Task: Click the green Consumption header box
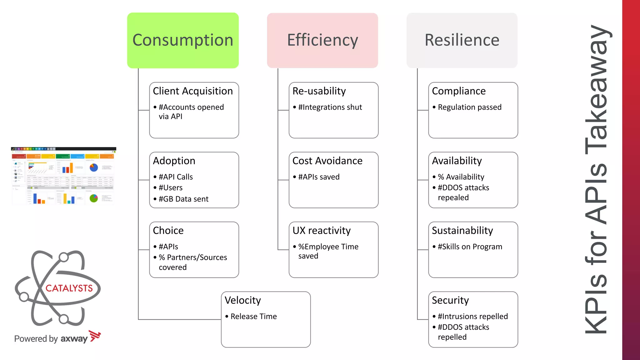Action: pyautogui.click(x=183, y=40)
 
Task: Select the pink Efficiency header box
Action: pyautogui.click(x=322, y=40)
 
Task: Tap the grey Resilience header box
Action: pyautogui.click(x=462, y=40)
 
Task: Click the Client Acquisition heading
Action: pyautogui.click(x=193, y=91)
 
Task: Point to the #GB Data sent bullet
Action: pyautogui.click(x=183, y=199)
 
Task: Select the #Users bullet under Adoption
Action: pyautogui.click(x=171, y=187)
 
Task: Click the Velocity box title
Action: pyautogui.click(x=243, y=300)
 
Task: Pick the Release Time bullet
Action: pyautogui.click(x=253, y=317)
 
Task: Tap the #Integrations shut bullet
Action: pyautogui.click(x=330, y=107)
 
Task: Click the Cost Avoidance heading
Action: pyautogui.click(x=327, y=161)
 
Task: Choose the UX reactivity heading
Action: pyautogui.click(x=322, y=231)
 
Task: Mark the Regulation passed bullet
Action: pyautogui.click(x=469, y=107)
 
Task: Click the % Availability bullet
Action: pyautogui.click(x=461, y=177)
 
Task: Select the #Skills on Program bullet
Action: pyautogui.click(x=470, y=247)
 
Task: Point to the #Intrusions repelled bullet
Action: pyautogui.click(x=472, y=317)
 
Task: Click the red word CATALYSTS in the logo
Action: pyautogui.click(x=69, y=288)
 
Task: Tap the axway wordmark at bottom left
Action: pyautogui.click(x=74, y=339)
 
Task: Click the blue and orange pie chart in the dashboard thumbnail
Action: pyautogui.click(x=94, y=168)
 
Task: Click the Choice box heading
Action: pyautogui.click(x=168, y=231)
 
